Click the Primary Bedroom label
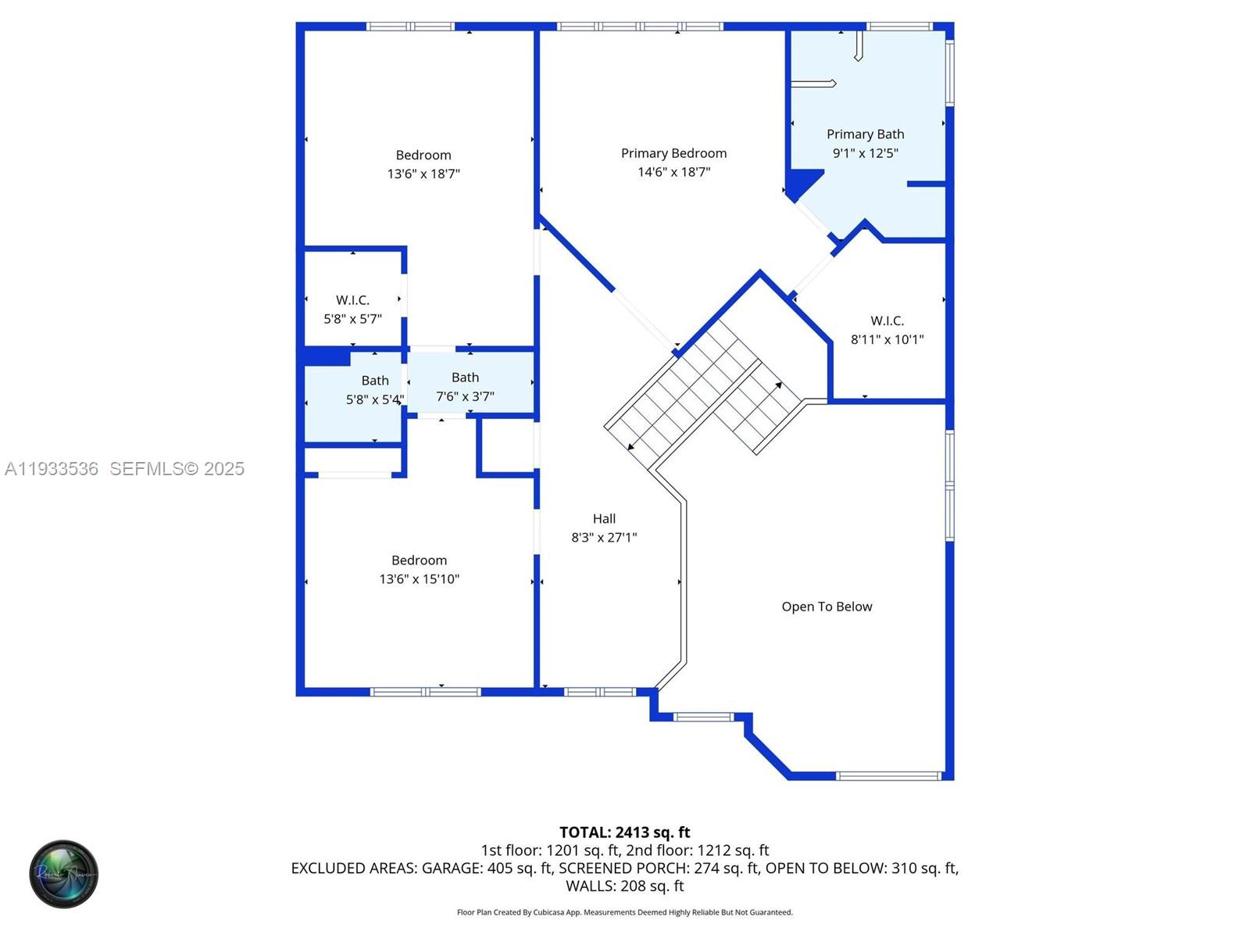(673, 153)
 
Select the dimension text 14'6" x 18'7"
(673, 172)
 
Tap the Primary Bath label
(865, 134)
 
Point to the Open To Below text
(827, 607)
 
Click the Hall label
(604, 518)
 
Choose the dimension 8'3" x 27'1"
(604, 538)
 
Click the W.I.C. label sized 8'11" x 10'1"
(887, 320)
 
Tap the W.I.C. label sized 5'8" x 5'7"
(352, 300)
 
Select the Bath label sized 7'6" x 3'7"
(465, 378)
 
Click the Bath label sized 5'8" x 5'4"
(375, 381)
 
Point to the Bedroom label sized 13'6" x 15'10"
(419, 560)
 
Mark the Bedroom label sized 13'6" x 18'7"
(423, 155)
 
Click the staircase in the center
(703, 391)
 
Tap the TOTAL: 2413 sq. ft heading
(624, 832)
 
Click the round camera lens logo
(64, 874)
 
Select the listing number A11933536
(52, 469)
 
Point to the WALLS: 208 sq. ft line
(624, 886)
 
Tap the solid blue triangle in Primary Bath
(800, 183)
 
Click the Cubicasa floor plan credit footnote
(624, 912)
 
